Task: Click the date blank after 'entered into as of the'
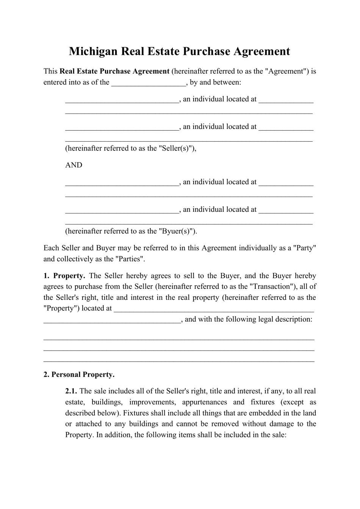(149, 83)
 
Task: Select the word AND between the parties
(74, 165)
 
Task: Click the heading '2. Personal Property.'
(79, 374)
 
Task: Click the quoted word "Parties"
(131, 259)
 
